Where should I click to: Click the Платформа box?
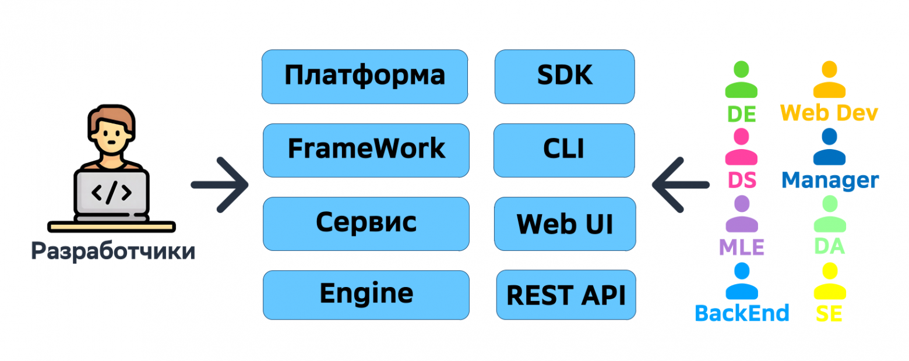(365, 76)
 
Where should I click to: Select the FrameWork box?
(366, 150)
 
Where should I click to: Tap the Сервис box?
(366, 223)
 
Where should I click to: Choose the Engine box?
(366, 295)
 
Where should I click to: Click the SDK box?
(564, 76)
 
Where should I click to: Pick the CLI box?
(563, 150)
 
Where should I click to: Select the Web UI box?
(565, 224)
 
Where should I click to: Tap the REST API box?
(566, 295)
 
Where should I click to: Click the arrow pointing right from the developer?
(220, 185)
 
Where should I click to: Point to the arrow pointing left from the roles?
(680, 185)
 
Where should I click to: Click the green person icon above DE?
(741, 80)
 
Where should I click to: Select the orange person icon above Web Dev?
(829, 80)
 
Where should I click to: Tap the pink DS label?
(742, 180)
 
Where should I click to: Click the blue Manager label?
(830, 180)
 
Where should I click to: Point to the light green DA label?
(829, 246)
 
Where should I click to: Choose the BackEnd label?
(742, 313)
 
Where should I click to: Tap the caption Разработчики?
(112, 251)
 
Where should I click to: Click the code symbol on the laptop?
(111, 192)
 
